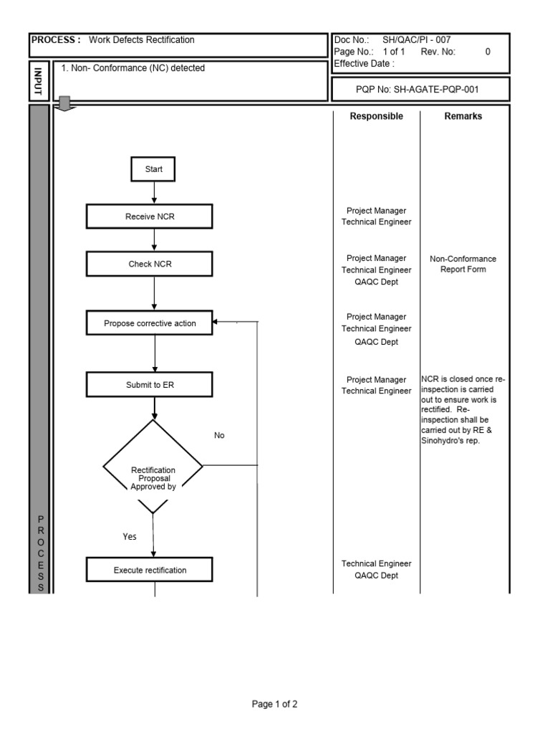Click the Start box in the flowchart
point(153,170)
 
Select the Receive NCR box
point(150,216)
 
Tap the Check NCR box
point(150,264)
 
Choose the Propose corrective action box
point(150,323)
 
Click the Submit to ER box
point(150,385)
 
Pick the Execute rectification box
point(150,571)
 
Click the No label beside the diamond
point(219,435)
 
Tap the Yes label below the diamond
point(130,536)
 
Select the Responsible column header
point(376,116)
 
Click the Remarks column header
point(463,116)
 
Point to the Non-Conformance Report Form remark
point(463,264)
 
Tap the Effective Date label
point(364,64)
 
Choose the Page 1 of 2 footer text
point(274,705)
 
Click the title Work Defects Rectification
point(141,40)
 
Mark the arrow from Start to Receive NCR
point(154,193)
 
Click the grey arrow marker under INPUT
point(65,105)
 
